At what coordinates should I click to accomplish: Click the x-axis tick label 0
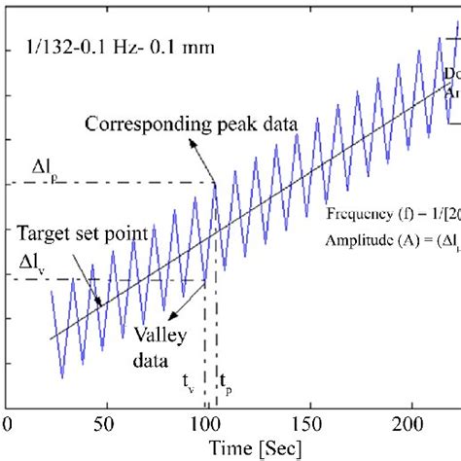click(x=9, y=424)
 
